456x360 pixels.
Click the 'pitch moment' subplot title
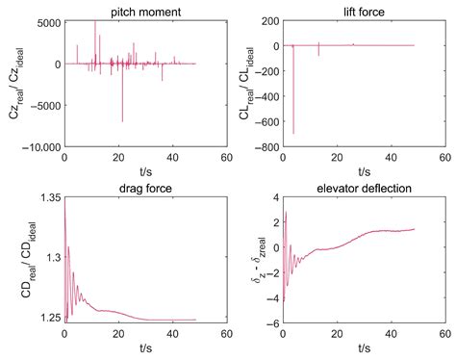point(143,9)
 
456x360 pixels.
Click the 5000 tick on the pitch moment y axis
point(48,21)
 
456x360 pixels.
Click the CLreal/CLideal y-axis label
point(240,85)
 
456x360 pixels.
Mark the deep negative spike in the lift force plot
point(293,132)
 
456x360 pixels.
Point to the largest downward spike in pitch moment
point(122,120)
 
